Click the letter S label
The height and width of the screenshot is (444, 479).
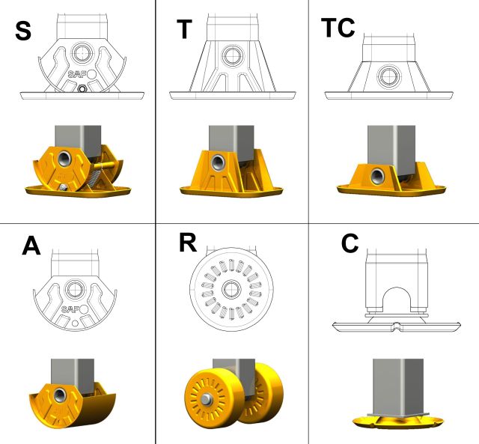click(23, 31)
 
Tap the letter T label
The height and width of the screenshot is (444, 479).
click(184, 29)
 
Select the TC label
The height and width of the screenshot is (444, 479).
click(338, 28)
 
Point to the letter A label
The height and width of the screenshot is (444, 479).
click(31, 246)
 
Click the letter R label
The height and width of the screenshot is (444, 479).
click(188, 243)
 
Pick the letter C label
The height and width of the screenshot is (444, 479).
click(350, 243)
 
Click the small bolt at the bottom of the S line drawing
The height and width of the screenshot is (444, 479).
click(82, 89)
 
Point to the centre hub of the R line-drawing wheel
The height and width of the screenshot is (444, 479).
click(231, 289)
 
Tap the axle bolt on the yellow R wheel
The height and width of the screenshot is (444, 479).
click(207, 398)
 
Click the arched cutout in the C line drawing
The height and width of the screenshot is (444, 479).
click(396, 298)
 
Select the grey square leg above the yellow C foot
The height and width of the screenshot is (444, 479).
click(397, 387)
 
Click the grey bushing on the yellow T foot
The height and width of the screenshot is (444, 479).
click(218, 162)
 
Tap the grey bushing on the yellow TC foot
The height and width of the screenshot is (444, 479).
click(378, 176)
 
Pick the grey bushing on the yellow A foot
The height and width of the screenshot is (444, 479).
click(60, 396)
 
